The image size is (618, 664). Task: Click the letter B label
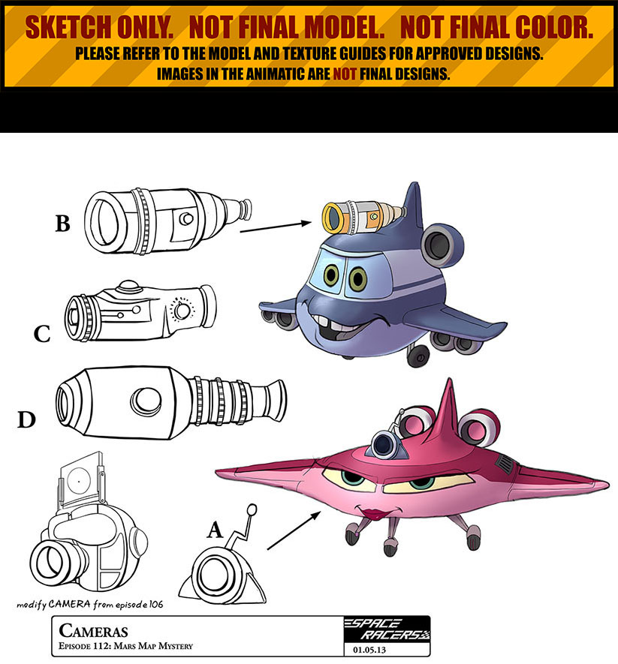coord(63,224)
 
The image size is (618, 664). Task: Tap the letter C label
coord(42,334)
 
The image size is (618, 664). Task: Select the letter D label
coord(26,419)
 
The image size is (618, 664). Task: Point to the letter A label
coord(215,530)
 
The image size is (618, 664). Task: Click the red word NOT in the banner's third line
coord(345,74)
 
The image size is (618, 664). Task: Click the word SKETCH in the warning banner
coord(68,28)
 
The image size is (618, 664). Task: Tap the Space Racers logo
coord(387,629)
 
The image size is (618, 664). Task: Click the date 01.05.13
coord(369,650)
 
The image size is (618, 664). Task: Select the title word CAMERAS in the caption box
coord(93,630)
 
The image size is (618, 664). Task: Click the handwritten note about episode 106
coord(90,604)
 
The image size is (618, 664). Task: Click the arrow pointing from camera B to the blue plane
coord(276,227)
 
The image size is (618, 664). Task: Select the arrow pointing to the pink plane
coord(294,530)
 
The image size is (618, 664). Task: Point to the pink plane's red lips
coord(373,514)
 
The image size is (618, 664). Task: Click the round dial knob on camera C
coord(182,311)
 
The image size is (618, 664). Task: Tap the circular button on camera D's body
coord(146,401)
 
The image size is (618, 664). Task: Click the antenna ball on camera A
coord(252,509)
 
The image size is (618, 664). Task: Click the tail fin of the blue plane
coord(412,203)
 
